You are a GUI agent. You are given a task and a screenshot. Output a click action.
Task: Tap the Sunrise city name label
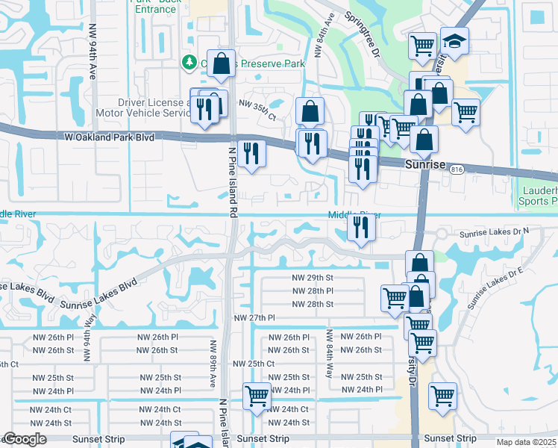coord(424,164)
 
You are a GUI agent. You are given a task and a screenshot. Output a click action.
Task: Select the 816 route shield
coord(455,170)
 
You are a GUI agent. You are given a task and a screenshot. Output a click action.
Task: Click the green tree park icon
coord(190,63)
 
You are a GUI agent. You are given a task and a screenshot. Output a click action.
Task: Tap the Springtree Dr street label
coord(363,34)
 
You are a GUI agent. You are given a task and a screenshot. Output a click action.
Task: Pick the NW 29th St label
coord(312,278)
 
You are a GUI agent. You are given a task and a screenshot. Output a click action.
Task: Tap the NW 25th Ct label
coord(254,364)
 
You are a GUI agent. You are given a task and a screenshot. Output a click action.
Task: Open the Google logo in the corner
coord(25,440)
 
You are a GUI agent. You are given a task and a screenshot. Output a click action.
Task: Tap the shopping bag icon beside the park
coord(222,65)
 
